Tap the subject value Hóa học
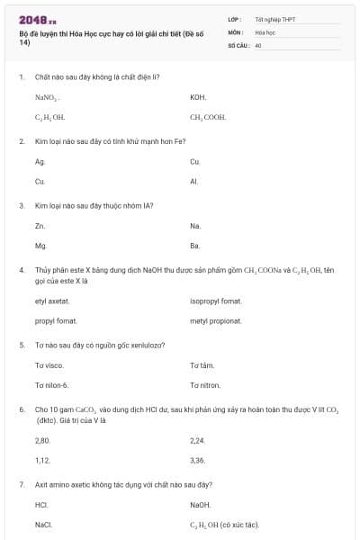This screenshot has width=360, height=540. [x=264, y=31]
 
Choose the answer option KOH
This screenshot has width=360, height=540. [x=198, y=97]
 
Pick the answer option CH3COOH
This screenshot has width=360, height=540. [x=208, y=117]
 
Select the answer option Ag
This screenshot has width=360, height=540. [x=40, y=162]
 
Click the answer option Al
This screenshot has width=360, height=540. [x=193, y=181]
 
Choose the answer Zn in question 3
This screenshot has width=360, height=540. [x=40, y=226]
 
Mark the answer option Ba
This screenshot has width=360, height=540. [x=194, y=245]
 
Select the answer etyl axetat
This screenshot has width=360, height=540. [x=52, y=301]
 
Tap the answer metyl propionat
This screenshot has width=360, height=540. [x=216, y=320]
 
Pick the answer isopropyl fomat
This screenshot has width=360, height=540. [x=216, y=301]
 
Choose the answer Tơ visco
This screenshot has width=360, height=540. [x=49, y=365]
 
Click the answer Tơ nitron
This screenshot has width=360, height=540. [x=205, y=385]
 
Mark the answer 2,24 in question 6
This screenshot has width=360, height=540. [x=198, y=440]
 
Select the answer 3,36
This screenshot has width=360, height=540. [x=198, y=460]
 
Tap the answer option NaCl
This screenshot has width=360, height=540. [x=43, y=524]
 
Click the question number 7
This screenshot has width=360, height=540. [x=21, y=484]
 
